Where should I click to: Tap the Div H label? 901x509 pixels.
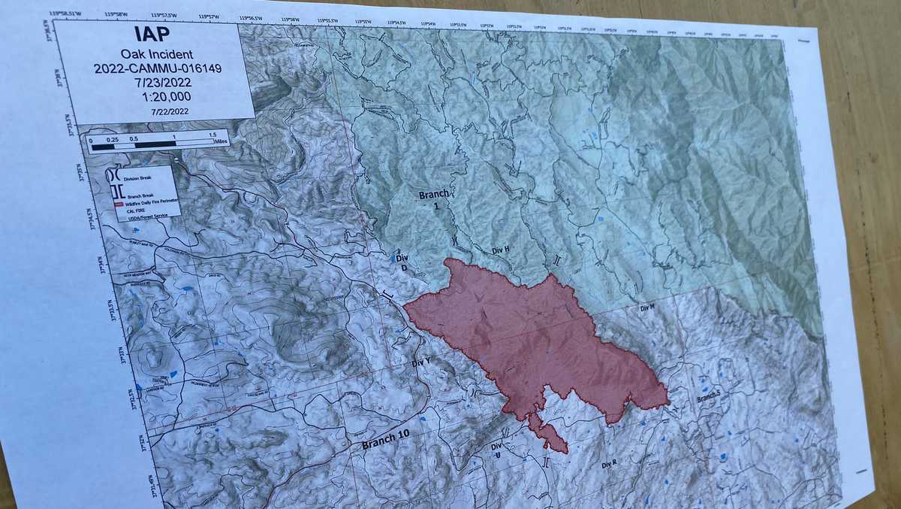pyautogui.click(x=500, y=249)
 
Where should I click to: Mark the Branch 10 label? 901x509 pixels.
pyautogui.click(x=387, y=441)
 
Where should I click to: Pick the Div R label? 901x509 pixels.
pyautogui.click(x=608, y=465)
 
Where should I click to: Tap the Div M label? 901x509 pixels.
pyautogui.click(x=647, y=308)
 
